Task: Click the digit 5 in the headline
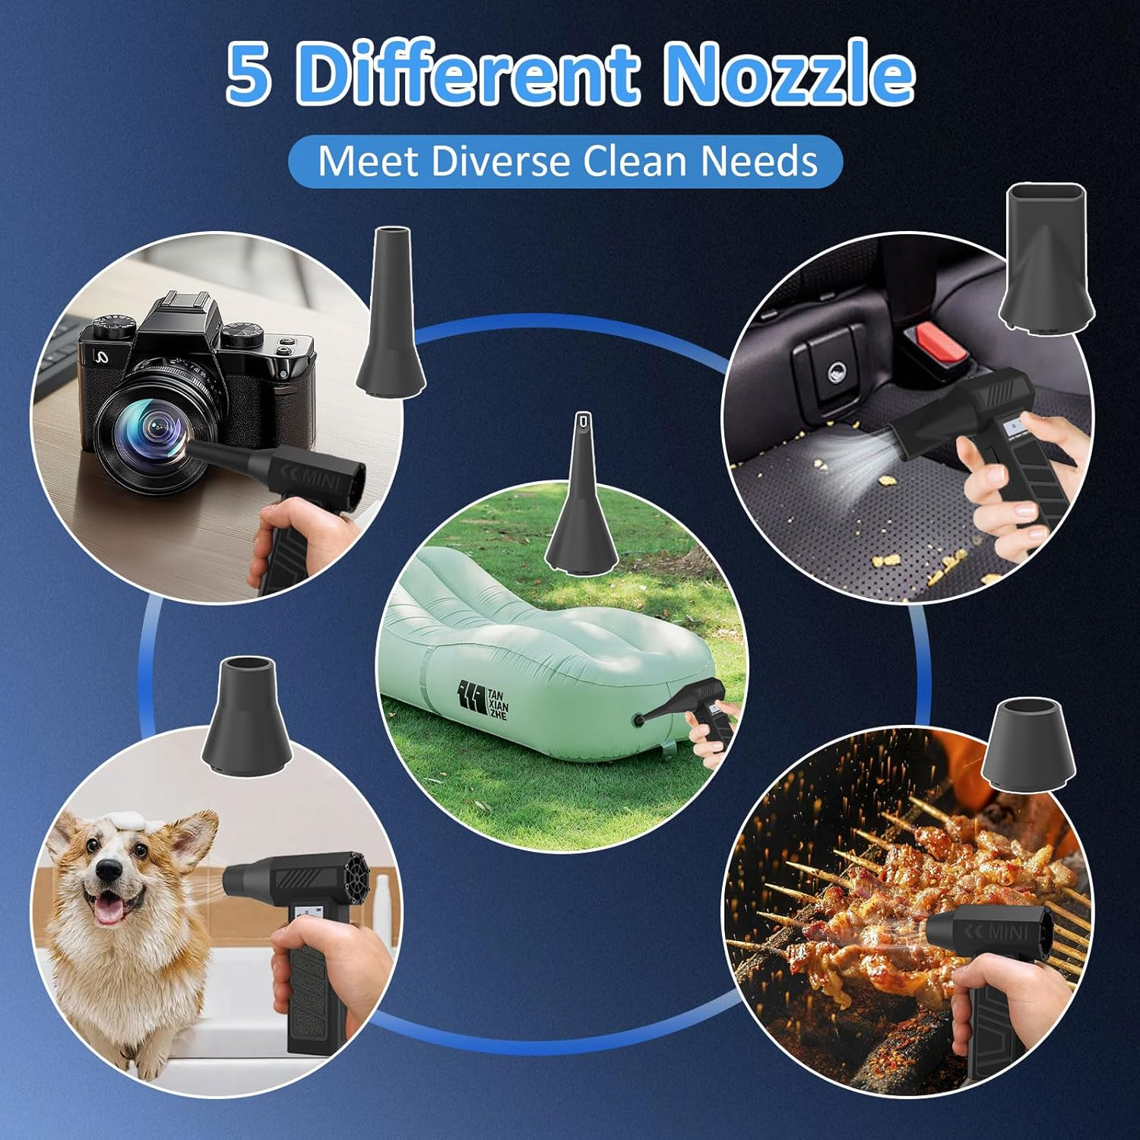[249, 74]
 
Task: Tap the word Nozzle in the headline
[789, 74]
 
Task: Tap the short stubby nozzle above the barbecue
[1029, 743]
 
